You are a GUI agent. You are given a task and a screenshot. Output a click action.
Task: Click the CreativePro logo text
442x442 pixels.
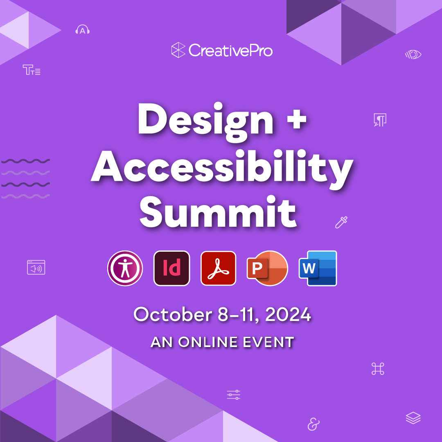click(230, 51)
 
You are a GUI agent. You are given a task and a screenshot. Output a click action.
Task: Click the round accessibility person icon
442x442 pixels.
click(125, 268)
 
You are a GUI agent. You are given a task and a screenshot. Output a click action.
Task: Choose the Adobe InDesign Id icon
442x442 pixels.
click(172, 268)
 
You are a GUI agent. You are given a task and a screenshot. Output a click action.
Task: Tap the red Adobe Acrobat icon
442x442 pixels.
click(219, 268)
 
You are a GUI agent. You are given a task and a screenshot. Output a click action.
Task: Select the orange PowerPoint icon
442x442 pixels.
click(267, 268)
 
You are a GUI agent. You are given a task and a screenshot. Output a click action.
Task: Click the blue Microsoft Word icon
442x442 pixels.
click(318, 268)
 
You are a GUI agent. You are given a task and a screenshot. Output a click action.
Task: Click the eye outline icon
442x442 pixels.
click(413, 54)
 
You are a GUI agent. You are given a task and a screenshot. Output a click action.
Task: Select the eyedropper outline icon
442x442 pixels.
click(341, 222)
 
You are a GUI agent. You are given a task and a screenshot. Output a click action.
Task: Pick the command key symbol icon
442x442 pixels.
click(378, 369)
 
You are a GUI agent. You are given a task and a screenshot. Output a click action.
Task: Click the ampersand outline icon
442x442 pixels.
click(313, 424)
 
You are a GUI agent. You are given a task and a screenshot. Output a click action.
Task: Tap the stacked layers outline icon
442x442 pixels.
click(413, 418)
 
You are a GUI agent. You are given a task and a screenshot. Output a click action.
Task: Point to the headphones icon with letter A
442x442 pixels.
click(83, 30)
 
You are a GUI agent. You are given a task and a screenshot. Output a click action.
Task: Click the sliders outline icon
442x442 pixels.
click(234, 395)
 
